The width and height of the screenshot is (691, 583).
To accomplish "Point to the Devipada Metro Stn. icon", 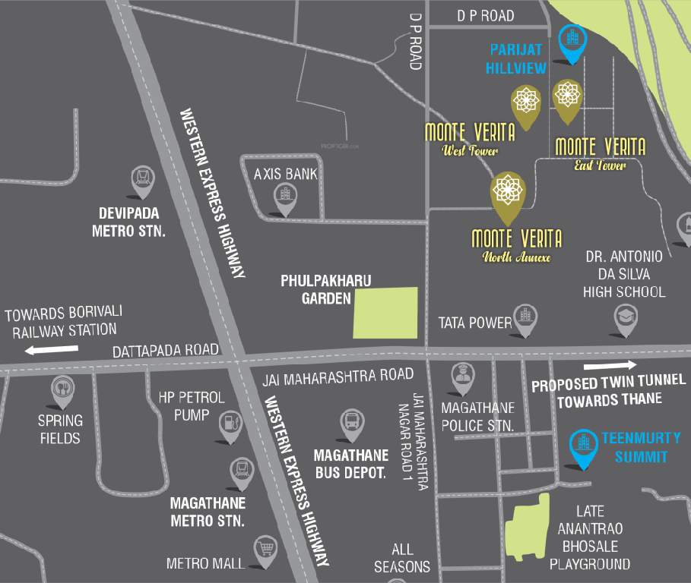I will [141, 180].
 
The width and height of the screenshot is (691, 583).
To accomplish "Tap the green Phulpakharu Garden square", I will [386, 313].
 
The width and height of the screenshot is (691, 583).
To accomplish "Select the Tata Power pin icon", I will [525, 318].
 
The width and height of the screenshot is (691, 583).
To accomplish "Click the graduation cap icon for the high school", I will [626, 319].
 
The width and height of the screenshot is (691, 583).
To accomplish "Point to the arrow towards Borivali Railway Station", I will [51, 350].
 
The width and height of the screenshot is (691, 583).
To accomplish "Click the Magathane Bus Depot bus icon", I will [352, 422].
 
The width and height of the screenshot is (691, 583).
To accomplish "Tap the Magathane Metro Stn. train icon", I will [241, 471].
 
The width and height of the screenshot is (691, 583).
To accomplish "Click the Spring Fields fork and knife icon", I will [62, 389].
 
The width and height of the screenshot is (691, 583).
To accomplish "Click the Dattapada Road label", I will [166, 351].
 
